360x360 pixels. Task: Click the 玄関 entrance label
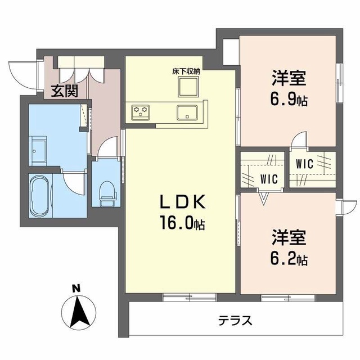(x=65, y=91)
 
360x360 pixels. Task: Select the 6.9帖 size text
(x=289, y=100)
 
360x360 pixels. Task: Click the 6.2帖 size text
(x=289, y=259)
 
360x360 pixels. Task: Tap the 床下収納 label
(x=186, y=71)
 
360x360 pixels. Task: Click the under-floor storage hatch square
(x=188, y=87)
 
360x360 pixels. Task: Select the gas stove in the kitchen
(x=141, y=112)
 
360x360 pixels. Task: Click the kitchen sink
(x=187, y=112)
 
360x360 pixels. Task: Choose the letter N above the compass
(x=76, y=289)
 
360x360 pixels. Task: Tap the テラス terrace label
(x=235, y=321)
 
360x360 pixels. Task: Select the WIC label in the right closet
(x=304, y=164)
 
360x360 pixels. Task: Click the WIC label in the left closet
(x=269, y=179)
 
